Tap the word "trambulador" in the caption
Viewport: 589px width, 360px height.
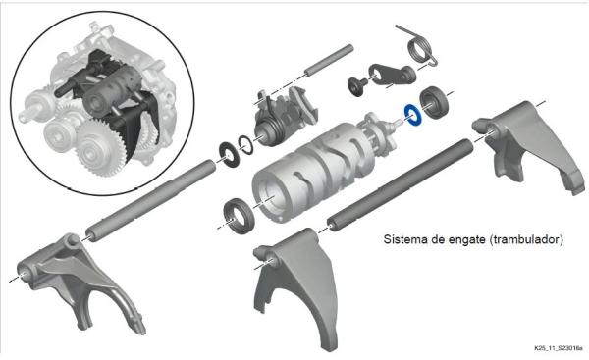[526, 239]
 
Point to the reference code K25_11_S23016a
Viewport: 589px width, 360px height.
[559, 348]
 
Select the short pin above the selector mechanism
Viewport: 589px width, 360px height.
[329, 60]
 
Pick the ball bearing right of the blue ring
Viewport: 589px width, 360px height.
[434, 102]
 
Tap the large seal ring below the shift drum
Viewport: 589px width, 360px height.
[239, 216]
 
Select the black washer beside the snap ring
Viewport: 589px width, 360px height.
[229, 154]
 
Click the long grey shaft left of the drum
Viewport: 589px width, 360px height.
[151, 200]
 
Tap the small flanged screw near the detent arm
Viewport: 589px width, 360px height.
[355, 85]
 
